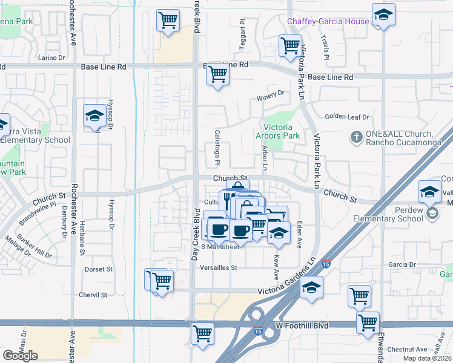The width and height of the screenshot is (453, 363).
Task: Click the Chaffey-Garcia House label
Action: (x=328, y=21)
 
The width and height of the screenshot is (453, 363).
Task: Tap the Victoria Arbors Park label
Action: (x=278, y=131)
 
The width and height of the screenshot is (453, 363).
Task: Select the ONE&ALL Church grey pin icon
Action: (x=356, y=138)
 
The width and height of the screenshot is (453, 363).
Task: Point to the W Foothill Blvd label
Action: (x=302, y=325)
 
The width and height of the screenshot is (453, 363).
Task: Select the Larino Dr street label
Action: (x=51, y=58)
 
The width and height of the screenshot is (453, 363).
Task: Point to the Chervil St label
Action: (x=93, y=295)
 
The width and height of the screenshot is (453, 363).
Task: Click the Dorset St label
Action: (x=99, y=269)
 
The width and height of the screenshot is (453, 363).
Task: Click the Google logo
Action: (x=20, y=356)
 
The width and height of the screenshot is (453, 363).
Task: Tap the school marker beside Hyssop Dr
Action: (x=94, y=116)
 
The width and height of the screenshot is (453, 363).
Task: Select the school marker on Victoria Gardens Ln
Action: (x=312, y=287)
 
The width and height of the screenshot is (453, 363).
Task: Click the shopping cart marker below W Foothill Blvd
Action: (x=202, y=334)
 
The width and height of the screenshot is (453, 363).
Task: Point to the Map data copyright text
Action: (x=426, y=358)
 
